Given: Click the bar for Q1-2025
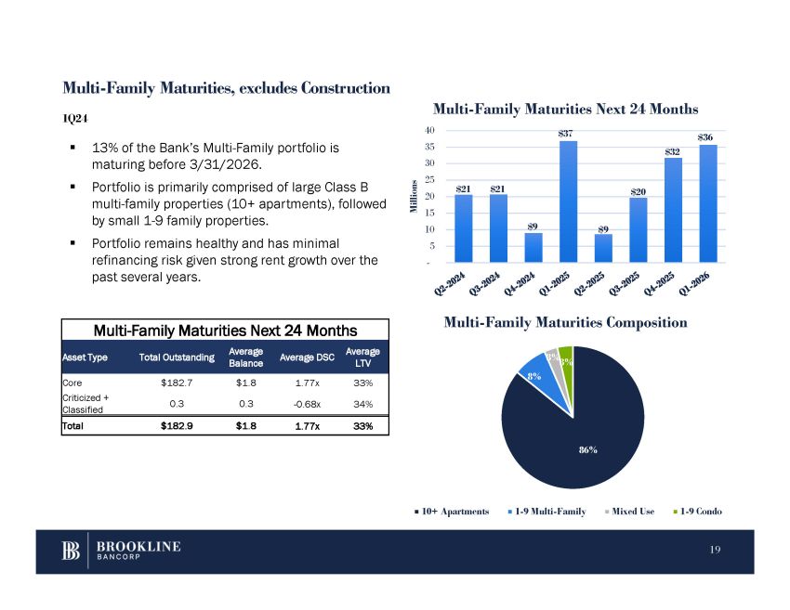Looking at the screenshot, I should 568,201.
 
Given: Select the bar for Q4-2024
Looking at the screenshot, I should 533,247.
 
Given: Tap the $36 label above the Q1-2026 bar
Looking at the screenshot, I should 706,137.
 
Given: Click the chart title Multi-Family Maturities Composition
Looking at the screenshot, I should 565,323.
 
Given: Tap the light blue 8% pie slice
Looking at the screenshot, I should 533,372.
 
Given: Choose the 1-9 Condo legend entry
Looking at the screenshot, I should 700,512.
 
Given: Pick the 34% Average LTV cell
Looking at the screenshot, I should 362,404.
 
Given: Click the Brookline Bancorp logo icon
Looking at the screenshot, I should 71,551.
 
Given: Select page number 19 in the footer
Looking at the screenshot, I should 715,551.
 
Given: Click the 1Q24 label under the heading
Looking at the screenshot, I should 75,118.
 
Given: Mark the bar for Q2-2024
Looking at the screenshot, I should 463,227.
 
